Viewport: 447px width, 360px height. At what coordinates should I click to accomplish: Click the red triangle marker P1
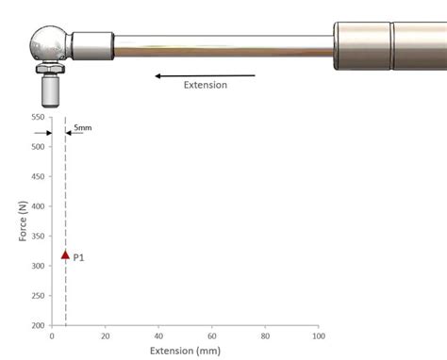pyautogui.click(x=65, y=254)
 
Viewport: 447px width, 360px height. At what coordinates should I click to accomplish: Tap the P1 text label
pyautogui.click(x=78, y=257)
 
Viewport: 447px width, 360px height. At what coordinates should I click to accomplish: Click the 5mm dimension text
pyautogui.click(x=83, y=127)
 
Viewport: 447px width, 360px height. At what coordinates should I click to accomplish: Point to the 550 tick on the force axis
pyautogui.click(x=38, y=117)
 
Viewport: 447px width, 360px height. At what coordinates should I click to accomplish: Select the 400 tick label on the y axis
pyautogui.click(x=38, y=206)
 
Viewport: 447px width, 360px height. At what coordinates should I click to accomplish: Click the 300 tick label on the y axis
pyautogui.click(x=38, y=266)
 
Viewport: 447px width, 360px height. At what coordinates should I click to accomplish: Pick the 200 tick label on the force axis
pyautogui.click(x=38, y=325)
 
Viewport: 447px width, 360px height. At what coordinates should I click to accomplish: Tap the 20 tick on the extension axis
pyautogui.click(x=106, y=336)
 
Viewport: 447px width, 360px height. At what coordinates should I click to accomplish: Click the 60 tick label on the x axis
pyautogui.click(x=212, y=336)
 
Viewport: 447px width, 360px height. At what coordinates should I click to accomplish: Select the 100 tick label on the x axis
pyautogui.click(x=319, y=336)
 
